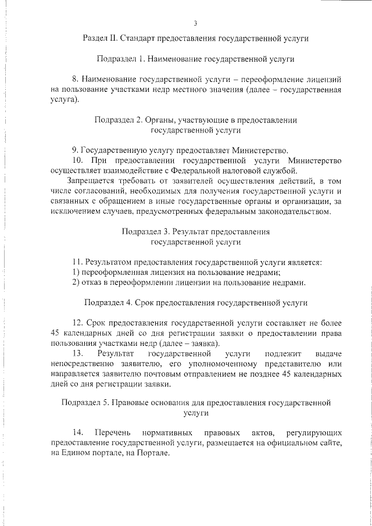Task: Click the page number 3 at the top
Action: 195,23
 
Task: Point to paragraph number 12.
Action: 77,323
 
